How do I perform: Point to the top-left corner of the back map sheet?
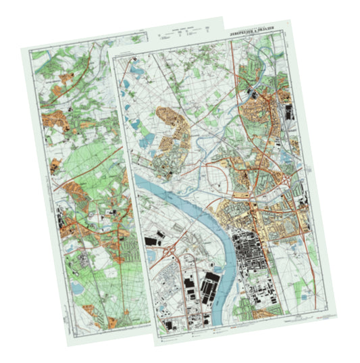21,49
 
